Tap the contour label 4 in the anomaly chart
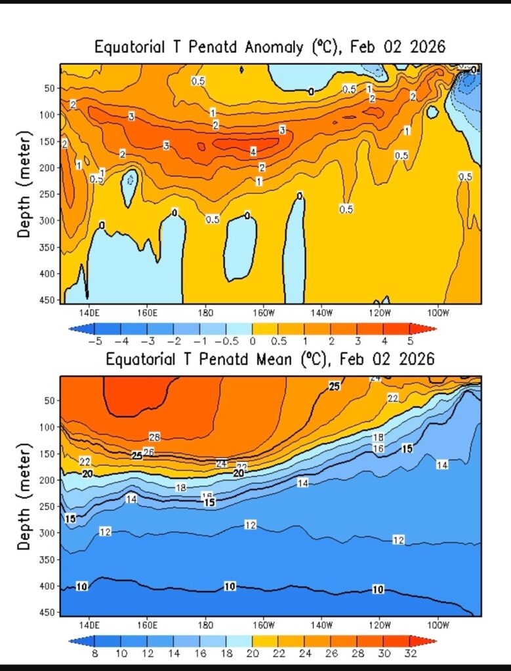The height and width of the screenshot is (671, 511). click(x=253, y=152)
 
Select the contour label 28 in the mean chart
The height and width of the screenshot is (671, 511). click(x=155, y=437)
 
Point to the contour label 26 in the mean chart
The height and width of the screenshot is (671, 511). click(x=148, y=452)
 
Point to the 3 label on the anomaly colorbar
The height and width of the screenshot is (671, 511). click(x=358, y=341)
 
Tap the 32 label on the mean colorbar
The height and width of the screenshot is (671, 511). click(x=409, y=653)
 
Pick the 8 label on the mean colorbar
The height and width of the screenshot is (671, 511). click(x=94, y=653)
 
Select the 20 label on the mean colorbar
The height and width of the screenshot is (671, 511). click(x=252, y=653)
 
